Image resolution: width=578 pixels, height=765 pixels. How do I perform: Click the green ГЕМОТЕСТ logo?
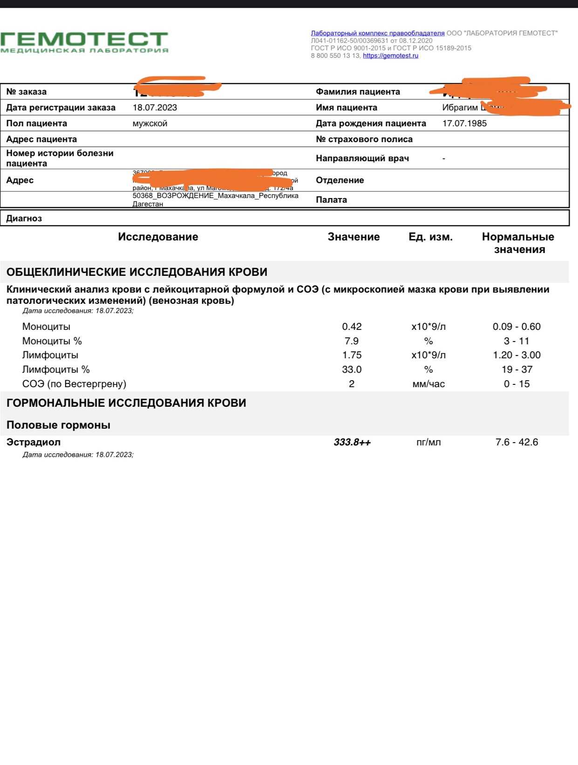[84, 42]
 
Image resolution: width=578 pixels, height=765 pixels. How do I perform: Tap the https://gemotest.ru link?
[390, 56]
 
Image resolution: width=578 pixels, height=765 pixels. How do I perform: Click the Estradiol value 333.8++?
[352, 442]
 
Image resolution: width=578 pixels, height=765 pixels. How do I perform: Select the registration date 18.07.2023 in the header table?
[155, 108]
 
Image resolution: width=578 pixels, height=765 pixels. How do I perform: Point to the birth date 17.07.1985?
[464, 123]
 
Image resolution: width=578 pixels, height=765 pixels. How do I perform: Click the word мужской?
[150, 123]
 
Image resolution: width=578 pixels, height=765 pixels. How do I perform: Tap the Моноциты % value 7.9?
[352, 341]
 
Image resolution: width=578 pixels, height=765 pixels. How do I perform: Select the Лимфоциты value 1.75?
[352, 355]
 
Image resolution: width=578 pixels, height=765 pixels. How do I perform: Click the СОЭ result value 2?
[352, 384]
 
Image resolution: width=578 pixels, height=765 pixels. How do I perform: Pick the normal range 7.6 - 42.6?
[517, 442]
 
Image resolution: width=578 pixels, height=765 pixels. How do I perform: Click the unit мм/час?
[428, 384]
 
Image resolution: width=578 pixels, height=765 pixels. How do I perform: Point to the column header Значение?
[354, 237]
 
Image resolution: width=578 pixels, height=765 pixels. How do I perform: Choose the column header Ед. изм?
[430, 237]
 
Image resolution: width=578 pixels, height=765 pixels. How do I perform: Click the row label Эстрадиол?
[34, 442]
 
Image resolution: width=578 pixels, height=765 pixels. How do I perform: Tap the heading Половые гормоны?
[58, 425]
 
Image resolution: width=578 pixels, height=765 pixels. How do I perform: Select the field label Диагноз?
[24, 219]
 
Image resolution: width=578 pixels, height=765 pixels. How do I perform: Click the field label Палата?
[331, 200]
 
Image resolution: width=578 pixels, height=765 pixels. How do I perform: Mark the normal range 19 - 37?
[517, 369]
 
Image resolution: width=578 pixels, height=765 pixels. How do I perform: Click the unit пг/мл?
[428, 442]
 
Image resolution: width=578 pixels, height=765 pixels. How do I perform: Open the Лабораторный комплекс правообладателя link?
[378, 33]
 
